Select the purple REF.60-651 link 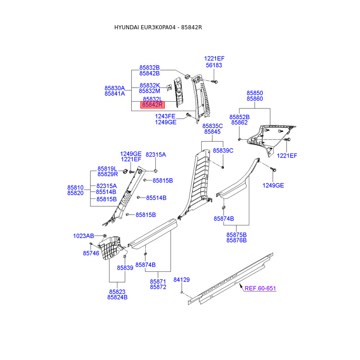click(x=260, y=288)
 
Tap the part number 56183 click(x=214, y=65)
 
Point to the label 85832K click(x=149, y=85)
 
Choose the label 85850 click(x=254, y=93)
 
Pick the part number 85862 click(x=239, y=122)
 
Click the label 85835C click(x=212, y=126)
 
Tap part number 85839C click(x=223, y=150)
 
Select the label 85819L click(x=108, y=168)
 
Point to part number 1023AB click(x=84, y=236)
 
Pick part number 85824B click(x=117, y=297)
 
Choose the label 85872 click(x=158, y=287)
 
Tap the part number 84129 click(x=182, y=279)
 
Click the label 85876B click(x=237, y=240)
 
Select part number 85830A click(x=115, y=88)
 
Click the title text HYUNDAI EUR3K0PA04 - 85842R click(x=158, y=28)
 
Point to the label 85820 click(x=76, y=193)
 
